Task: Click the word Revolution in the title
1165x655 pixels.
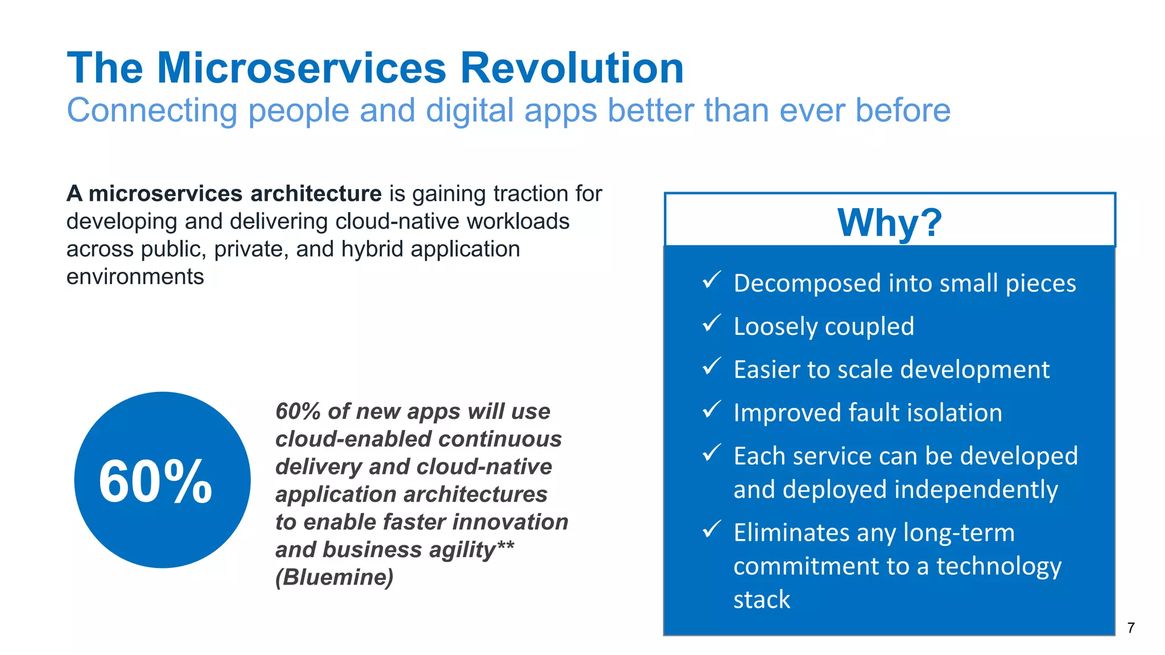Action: coord(571,68)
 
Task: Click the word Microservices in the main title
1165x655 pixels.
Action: coord(301,68)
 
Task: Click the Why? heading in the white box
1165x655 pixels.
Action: coord(889,222)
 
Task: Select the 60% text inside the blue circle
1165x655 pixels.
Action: coord(155,482)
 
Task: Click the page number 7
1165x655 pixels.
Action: coord(1131,628)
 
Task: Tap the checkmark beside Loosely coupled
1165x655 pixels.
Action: coord(711,324)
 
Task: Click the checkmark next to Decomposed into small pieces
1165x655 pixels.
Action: coord(711,280)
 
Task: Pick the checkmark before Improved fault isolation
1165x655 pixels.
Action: coord(711,409)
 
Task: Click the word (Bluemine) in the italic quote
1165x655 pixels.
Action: coord(334,578)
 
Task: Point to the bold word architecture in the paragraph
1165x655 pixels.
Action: coord(316,194)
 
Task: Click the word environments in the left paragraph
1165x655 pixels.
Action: coord(135,277)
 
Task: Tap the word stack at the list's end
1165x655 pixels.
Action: coord(762,600)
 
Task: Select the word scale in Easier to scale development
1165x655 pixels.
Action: coord(865,370)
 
